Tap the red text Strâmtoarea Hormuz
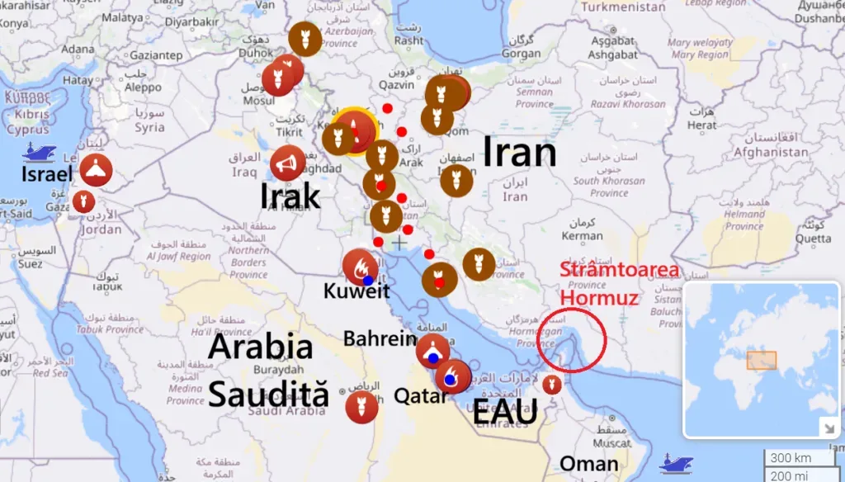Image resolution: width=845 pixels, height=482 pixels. [619, 282]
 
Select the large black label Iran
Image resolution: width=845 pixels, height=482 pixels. [519, 154]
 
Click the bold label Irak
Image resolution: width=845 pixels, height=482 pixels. [290, 196]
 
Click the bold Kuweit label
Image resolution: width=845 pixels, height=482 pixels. [356, 291]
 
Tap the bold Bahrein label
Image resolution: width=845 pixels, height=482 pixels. [380, 338]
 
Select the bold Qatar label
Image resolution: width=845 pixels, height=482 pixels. [421, 396]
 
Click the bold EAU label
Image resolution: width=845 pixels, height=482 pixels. [504, 412]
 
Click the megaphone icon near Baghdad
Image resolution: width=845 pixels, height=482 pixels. [287, 163]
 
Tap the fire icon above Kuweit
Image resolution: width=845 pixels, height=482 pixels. [361, 266]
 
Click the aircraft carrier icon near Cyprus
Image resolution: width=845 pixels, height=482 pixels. [40, 151]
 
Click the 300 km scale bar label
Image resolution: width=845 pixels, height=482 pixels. [790, 458]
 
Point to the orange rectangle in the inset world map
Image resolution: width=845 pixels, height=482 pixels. [761, 360]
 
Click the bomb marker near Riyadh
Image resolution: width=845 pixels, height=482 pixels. [361, 407]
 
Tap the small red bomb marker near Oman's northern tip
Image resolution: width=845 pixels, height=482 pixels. [552, 384]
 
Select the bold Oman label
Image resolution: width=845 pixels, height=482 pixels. [589, 464]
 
